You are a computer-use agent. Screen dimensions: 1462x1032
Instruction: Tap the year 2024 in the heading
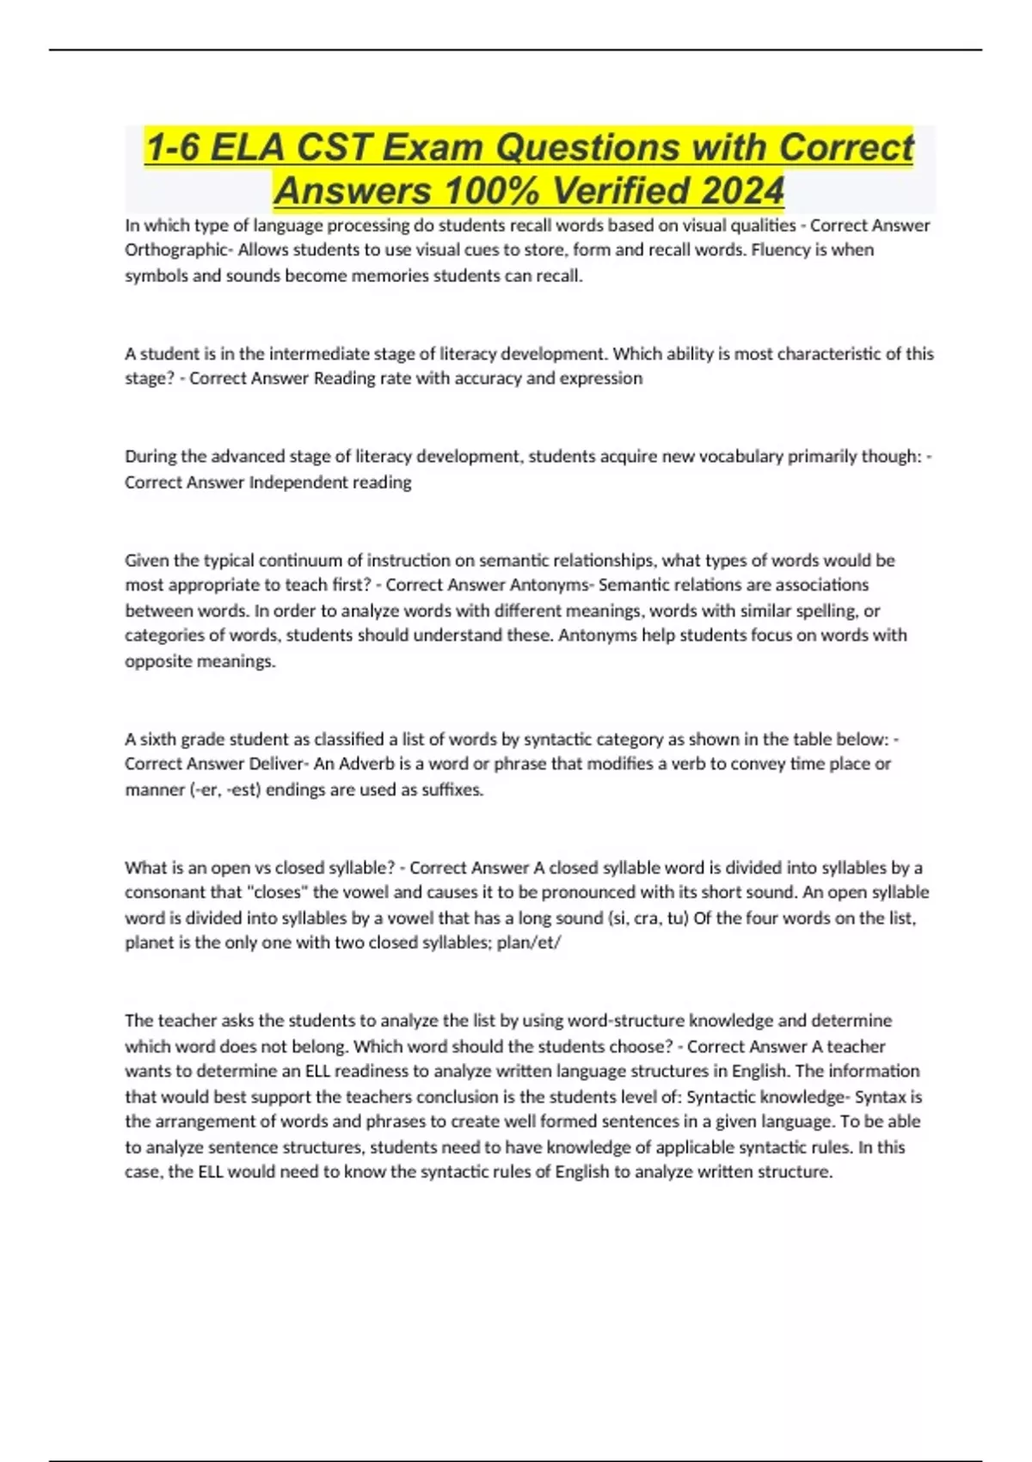point(742,190)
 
